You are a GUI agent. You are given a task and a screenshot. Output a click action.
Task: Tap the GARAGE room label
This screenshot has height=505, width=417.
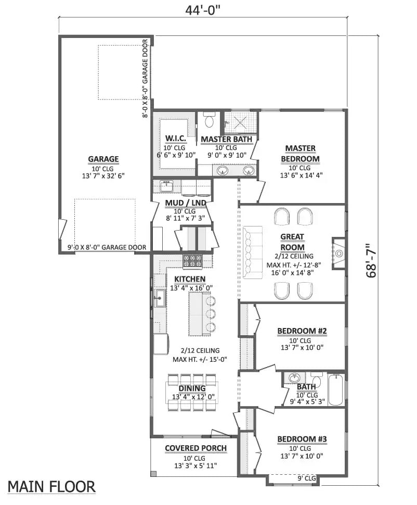point(103,159)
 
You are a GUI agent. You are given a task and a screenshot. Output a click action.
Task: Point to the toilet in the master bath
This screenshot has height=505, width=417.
point(210,121)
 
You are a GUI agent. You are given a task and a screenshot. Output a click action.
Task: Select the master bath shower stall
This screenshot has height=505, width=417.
point(240,123)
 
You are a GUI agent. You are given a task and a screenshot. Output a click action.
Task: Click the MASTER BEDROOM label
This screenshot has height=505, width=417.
point(300,154)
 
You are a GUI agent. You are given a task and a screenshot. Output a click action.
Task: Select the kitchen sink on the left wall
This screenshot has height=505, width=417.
point(159,298)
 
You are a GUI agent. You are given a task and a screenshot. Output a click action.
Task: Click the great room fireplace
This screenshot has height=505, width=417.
point(338,254)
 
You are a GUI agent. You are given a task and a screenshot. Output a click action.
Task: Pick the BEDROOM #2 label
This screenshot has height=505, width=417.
point(302,331)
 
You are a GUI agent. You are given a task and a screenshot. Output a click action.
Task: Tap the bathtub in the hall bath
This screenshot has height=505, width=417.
point(335,390)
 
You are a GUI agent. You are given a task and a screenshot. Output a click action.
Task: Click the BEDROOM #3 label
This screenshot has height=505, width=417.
point(302,439)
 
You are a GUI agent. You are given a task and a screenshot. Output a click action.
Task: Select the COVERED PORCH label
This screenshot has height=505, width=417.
point(196,448)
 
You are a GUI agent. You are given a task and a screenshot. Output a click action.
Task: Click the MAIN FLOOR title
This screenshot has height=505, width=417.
point(51,487)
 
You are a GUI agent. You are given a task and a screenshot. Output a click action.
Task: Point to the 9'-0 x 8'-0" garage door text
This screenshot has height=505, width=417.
point(106,247)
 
